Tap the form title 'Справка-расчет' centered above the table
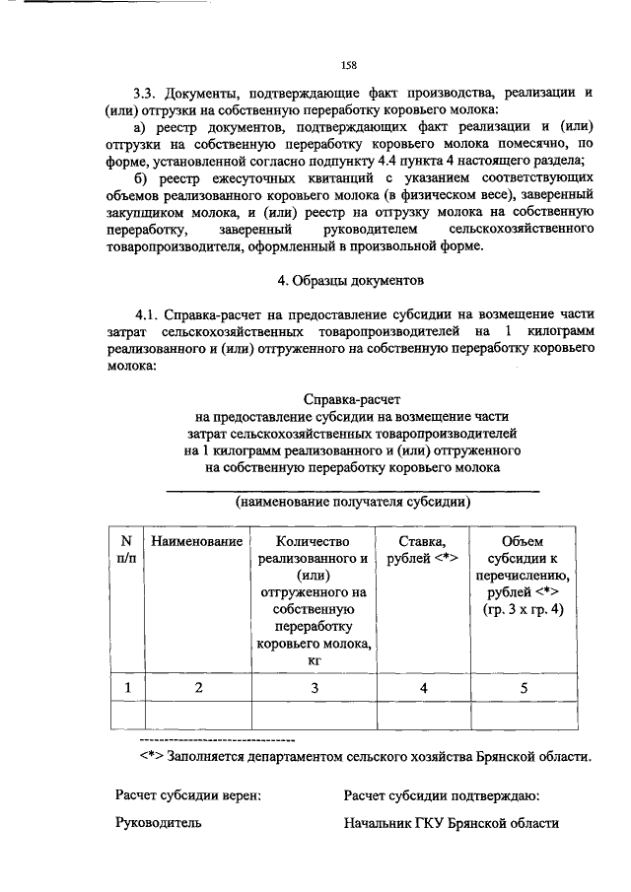click(352, 400)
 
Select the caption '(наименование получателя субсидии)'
click(352, 501)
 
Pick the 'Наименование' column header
click(196, 542)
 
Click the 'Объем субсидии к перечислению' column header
click(522, 576)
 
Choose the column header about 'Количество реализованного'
click(314, 601)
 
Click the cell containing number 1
click(125, 688)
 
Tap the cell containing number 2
click(196, 688)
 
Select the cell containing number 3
click(314, 688)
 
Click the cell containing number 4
click(423, 688)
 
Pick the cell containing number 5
click(522, 688)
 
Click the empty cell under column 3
click(314, 715)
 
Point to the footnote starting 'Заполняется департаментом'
click(365, 757)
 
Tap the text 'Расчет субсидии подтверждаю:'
click(440, 794)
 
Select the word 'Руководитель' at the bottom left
click(158, 823)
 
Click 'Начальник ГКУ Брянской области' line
click(452, 823)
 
